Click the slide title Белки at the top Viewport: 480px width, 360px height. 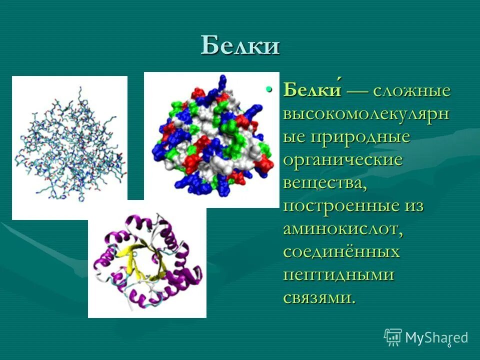[240, 46]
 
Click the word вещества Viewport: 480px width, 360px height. [324, 183]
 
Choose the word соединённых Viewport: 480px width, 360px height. [341, 252]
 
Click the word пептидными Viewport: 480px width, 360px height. [339, 275]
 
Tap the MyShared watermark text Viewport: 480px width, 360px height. [436, 337]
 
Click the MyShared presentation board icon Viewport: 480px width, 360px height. [393, 337]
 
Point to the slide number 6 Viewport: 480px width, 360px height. [449, 345]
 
